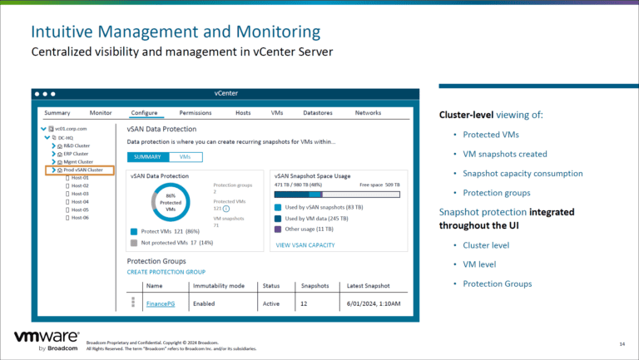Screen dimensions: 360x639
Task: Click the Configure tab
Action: (x=144, y=112)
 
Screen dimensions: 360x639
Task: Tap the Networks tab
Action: (x=368, y=112)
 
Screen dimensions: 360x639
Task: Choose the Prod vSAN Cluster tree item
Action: (x=83, y=170)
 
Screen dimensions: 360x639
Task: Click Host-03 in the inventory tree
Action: (x=80, y=193)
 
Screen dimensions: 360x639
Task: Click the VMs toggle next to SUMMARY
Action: (x=185, y=156)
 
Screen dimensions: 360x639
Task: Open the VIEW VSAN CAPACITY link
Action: (x=305, y=244)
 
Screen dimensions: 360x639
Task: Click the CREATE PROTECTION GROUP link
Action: (x=166, y=272)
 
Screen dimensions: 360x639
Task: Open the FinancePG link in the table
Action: (x=161, y=303)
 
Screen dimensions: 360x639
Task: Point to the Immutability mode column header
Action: (x=218, y=285)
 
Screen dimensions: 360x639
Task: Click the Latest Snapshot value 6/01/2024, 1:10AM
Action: (x=373, y=303)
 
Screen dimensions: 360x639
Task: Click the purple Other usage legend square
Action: (x=278, y=228)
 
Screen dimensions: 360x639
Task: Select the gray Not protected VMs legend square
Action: (x=133, y=243)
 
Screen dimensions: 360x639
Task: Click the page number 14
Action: (x=622, y=343)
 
